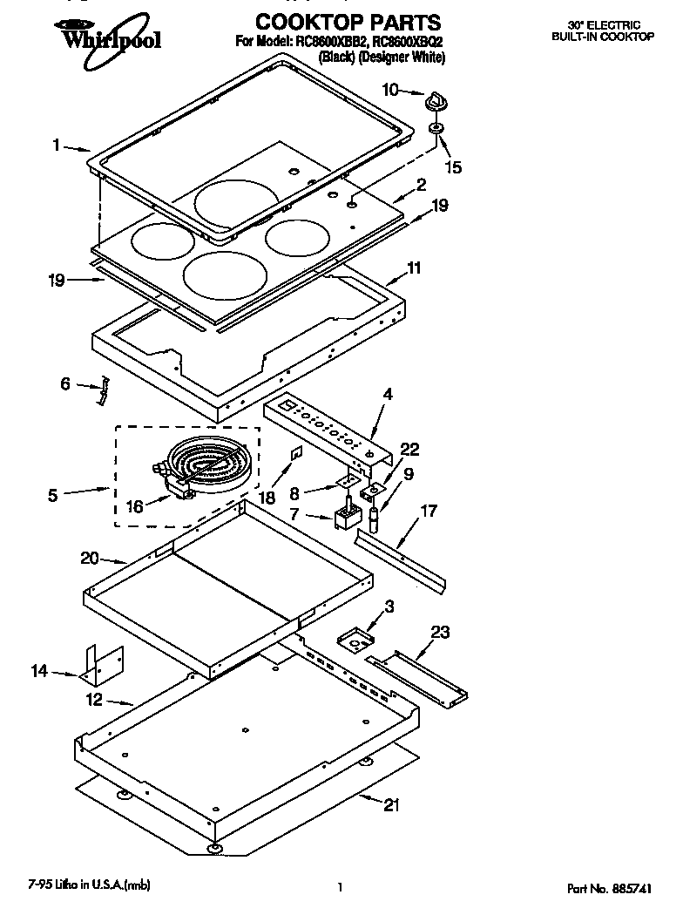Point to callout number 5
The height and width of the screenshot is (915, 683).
coord(54,495)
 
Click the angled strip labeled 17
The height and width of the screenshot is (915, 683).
coord(402,558)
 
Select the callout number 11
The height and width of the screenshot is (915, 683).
coord(414,268)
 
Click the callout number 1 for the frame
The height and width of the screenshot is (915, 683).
coord(57,146)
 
